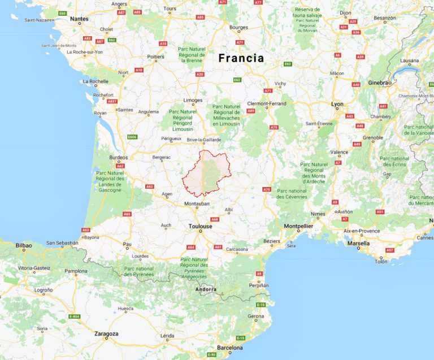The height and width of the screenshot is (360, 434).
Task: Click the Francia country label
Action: (241, 58)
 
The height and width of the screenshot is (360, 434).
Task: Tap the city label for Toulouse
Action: (201, 226)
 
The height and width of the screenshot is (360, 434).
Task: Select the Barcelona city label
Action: (229, 348)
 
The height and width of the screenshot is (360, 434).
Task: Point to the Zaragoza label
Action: (106, 334)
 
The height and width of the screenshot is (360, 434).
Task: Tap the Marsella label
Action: (358, 244)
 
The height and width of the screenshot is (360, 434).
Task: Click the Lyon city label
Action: (337, 104)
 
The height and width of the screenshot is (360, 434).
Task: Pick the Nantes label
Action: (79, 19)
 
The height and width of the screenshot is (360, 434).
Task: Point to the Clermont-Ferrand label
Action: (267, 103)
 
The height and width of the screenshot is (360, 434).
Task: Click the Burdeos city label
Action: (118, 158)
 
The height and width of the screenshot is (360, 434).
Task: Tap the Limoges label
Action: (193, 100)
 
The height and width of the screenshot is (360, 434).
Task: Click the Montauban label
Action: (197, 203)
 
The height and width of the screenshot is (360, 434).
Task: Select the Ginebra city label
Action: (379, 83)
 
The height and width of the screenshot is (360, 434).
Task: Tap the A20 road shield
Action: (199, 74)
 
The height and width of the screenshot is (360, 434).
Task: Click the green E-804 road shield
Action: (74, 316)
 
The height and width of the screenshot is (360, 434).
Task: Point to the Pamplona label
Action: (76, 271)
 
